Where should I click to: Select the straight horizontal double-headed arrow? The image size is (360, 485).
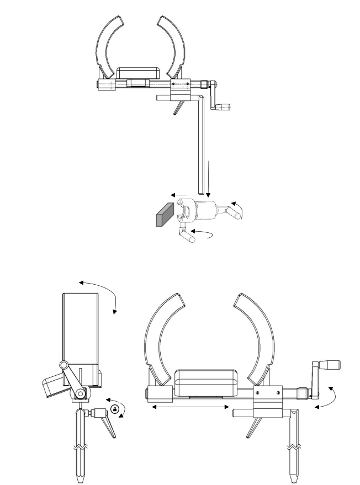[x=190, y=407]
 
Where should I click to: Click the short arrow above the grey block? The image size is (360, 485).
[x=178, y=195]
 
